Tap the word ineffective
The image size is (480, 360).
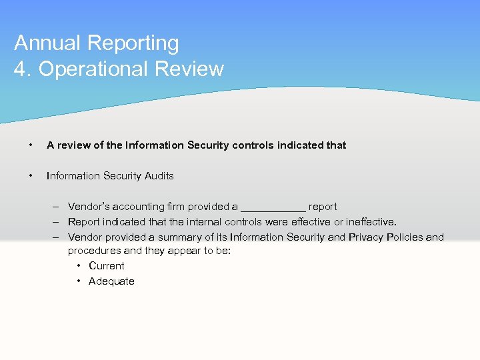371,222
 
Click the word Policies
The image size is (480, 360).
405,237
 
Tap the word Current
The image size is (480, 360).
107,266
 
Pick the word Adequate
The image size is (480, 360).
111,281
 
